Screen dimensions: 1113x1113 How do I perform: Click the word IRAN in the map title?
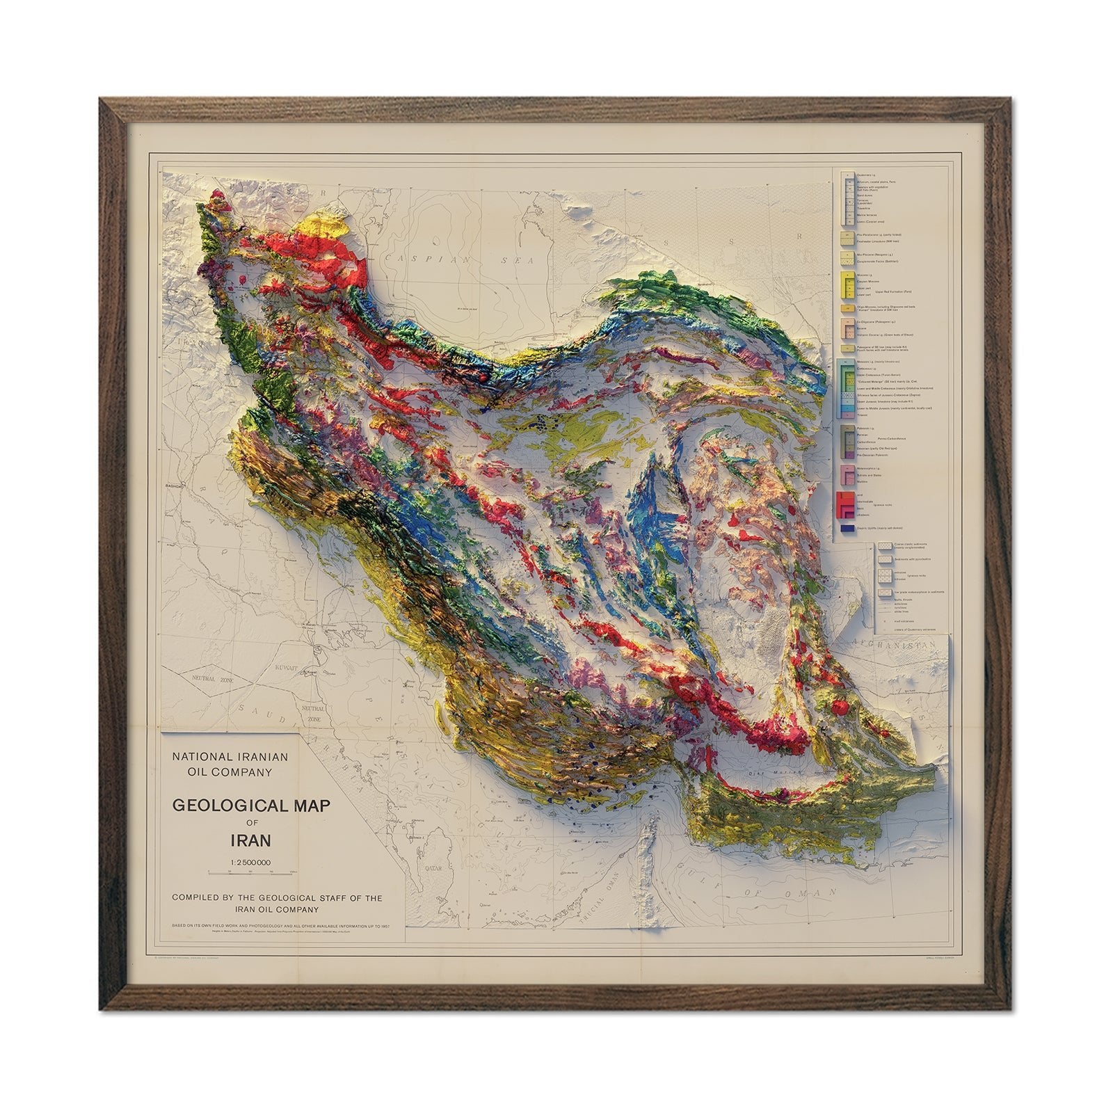pyautogui.click(x=250, y=840)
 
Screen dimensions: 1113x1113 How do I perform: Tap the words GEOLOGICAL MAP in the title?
pyautogui.click(x=250, y=806)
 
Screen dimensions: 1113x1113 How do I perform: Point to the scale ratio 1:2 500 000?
pyautogui.click(x=250, y=863)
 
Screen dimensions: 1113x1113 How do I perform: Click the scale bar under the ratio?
pyautogui.click(x=252, y=872)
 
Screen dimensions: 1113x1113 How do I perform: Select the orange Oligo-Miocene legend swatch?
pyautogui.click(x=846, y=307)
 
